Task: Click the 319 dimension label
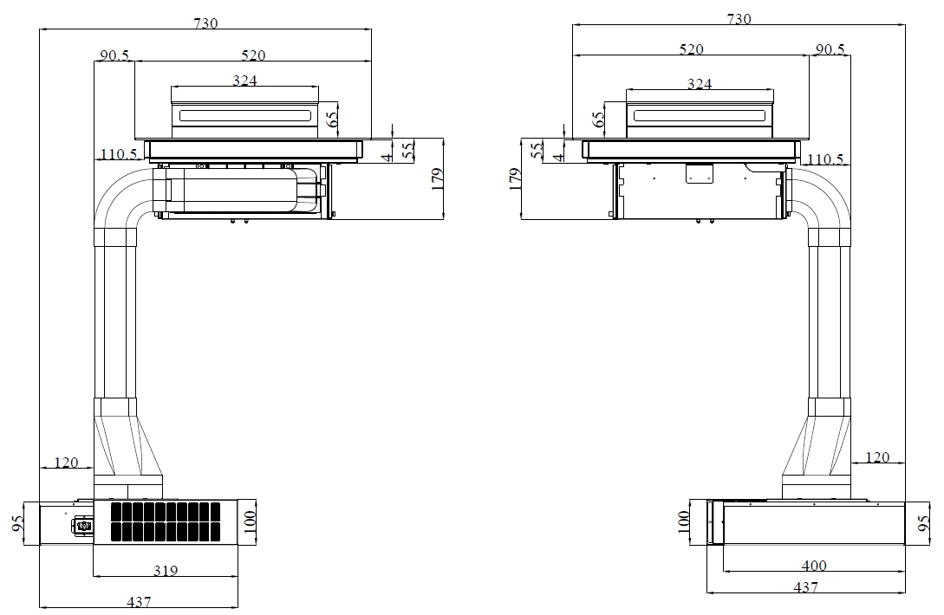[x=166, y=570]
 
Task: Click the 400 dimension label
[x=814, y=565]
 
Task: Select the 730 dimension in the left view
[x=205, y=23]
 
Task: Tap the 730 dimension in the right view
[x=739, y=19]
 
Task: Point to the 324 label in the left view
[x=244, y=80]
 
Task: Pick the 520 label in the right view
[x=691, y=49]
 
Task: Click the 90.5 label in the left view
[x=114, y=55]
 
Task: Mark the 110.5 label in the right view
[x=824, y=159]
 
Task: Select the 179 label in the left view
[x=438, y=178]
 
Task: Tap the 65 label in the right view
[x=598, y=120]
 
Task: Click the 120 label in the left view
[x=66, y=463]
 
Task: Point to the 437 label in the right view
[x=805, y=586]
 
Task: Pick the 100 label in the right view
[x=683, y=521]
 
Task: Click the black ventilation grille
[x=166, y=521]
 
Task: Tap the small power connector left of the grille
[x=83, y=526]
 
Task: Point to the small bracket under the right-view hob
[x=700, y=173]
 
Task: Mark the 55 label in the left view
[x=408, y=149]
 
